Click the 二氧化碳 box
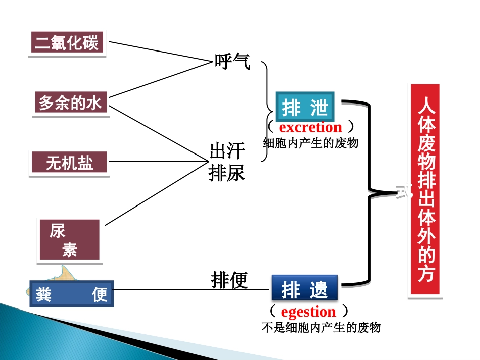click(x=67, y=43)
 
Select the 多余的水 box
click(x=71, y=104)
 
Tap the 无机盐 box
click(x=70, y=163)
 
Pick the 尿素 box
click(x=69, y=240)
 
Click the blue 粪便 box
click(x=71, y=294)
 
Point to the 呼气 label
click(x=232, y=62)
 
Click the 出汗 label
click(x=227, y=151)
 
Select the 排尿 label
click(x=227, y=173)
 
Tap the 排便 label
click(x=229, y=279)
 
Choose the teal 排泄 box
click(x=305, y=107)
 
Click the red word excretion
click(x=310, y=127)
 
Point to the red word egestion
click(x=308, y=311)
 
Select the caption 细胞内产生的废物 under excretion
click(x=311, y=143)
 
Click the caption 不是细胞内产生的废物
click(x=321, y=327)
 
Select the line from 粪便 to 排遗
click(x=192, y=290)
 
